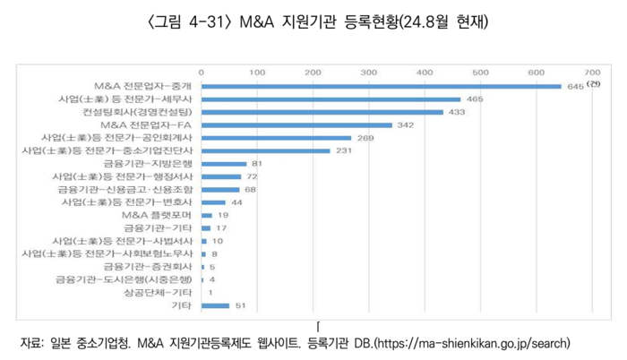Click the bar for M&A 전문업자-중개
(381, 86)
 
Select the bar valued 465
(331, 99)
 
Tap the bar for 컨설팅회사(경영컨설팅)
(322, 112)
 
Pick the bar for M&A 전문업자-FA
(296, 125)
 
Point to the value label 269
(365, 139)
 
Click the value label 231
(344, 151)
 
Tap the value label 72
(252, 177)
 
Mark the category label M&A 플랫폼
(159, 216)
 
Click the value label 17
(221, 228)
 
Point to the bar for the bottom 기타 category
(216, 305)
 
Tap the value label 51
(239, 305)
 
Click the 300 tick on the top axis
(368, 71)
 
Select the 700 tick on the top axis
(592, 71)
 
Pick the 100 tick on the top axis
(257, 71)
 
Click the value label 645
(574, 87)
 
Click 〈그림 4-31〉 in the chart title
(183, 19)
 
